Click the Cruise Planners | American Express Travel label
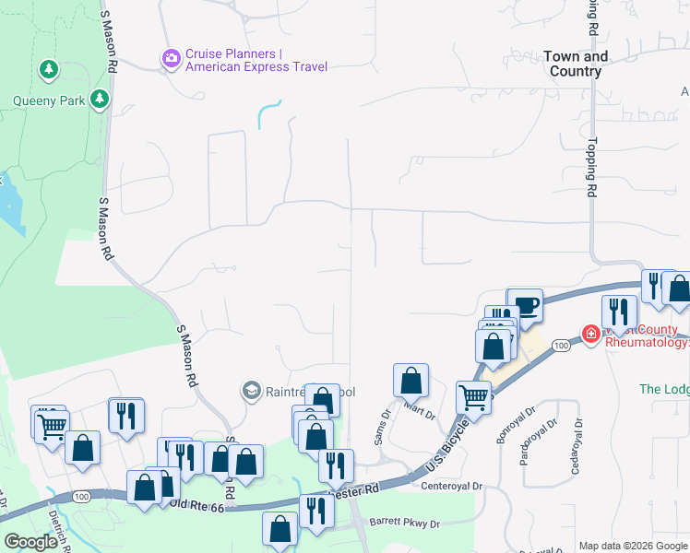pyautogui.click(x=256, y=60)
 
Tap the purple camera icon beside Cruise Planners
pyautogui.click(x=171, y=60)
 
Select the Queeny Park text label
pyautogui.click(x=49, y=100)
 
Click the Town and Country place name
pyautogui.click(x=577, y=64)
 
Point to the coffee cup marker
pyautogui.click(x=526, y=306)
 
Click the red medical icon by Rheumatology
pyautogui.click(x=590, y=333)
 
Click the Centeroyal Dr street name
pyautogui.click(x=451, y=486)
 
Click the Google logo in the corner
pyautogui.click(x=30, y=542)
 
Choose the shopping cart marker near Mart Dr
pyautogui.click(x=473, y=398)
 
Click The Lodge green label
pyautogui.click(x=664, y=389)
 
